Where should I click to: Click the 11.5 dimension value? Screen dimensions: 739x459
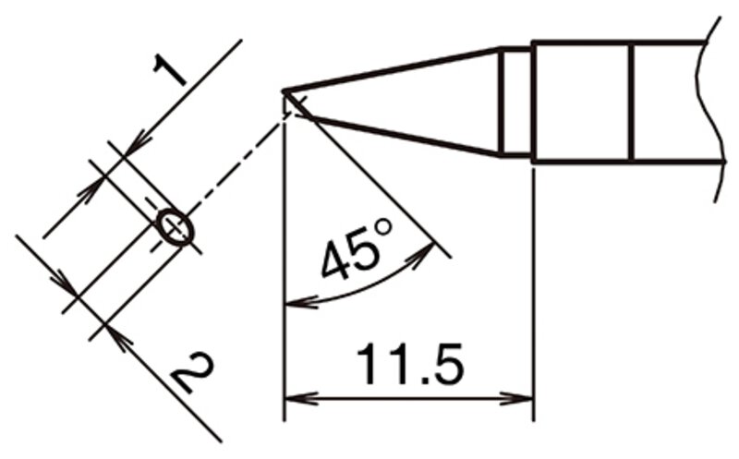tap(409, 363)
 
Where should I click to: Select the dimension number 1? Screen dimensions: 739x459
tap(170, 69)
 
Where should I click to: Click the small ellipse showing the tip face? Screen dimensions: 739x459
tap(175, 227)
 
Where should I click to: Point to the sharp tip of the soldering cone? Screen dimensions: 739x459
tap(284, 91)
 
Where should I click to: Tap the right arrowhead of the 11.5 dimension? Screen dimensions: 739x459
tap(516, 399)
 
